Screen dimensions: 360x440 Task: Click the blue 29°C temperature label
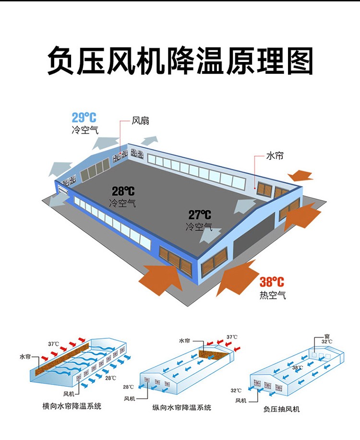pos(84,118)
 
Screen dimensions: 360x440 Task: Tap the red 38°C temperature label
pos(272,282)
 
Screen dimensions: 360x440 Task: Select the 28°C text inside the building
pos(123,191)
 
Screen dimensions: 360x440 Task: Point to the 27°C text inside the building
pos(200,215)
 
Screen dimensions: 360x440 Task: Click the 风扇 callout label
pos(141,121)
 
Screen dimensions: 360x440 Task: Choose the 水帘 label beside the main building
pos(275,156)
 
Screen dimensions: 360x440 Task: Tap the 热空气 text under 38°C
pos(272,295)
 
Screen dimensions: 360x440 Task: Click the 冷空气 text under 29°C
pos(85,130)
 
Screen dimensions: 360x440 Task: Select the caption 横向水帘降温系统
pos(72,406)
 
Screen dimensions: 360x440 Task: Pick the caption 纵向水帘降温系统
pos(182,407)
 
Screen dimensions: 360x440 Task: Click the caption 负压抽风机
pos(281,409)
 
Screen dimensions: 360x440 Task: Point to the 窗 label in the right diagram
pos(327,336)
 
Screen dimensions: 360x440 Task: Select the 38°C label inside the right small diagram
pos(298,368)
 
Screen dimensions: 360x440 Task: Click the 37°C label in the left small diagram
pos(53,344)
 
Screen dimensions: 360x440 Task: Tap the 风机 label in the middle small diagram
pos(130,399)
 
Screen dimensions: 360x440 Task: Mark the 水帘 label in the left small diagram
pos(25,357)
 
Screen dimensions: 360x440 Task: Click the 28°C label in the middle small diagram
pos(128,387)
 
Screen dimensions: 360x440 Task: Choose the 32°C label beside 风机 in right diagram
pos(236,390)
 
